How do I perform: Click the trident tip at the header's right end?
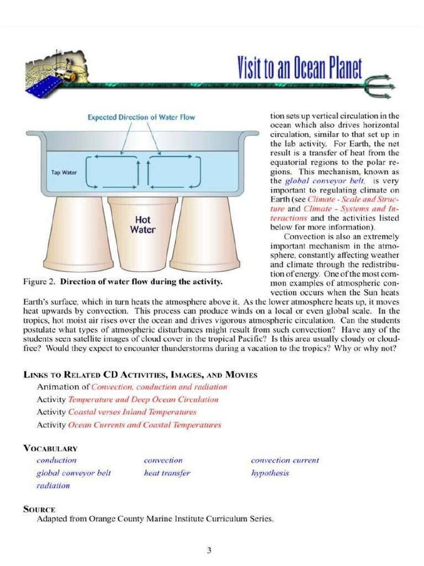tap(390, 83)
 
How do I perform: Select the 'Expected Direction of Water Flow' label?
tap(141, 117)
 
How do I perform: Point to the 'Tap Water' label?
tap(64, 172)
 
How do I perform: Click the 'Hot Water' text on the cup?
tap(142, 225)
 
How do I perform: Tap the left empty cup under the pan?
tap(83, 232)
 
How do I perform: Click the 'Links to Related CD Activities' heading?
tap(140, 375)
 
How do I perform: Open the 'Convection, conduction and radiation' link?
tap(160, 387)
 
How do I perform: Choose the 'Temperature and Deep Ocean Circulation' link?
tap(143, 400)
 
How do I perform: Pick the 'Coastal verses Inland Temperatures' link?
tap(132, 412)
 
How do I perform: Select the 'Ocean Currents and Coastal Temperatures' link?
tap(145, 425)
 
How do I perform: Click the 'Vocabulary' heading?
tap(50, 448)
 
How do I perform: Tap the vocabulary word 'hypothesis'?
tap(270, 473)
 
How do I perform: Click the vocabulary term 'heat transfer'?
tap(167, 473)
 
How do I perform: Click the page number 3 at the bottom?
tap(209, 550)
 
